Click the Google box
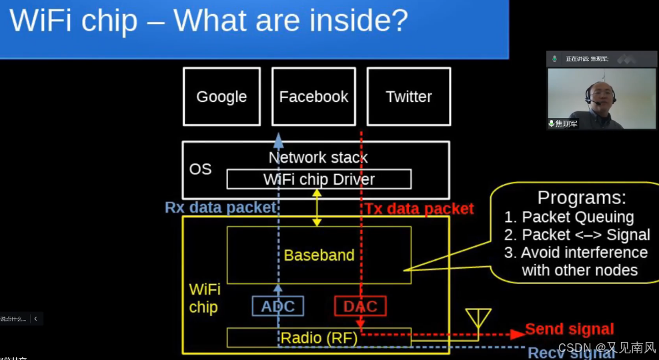[x=221, y=97]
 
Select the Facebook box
[x=313, y=97]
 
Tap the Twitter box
[x=408, y=97]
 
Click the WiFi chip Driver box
[x=319, y=179]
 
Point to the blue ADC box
[x=278, y=306]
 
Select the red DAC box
[x=360, y=306]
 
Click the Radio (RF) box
[x=319, y=338]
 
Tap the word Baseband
[x=319, y=255]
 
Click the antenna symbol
[x=478, y=319]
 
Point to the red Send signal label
[x=569, y=329]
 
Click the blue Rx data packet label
[x=220, y=207]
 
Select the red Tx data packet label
[x=419, y=209]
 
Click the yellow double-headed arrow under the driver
[x=317, y=207]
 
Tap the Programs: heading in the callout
[x=582, y=198]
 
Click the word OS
[x=200, y=169]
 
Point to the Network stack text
[x=317, y=158]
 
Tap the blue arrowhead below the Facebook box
[x=278, y=138]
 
